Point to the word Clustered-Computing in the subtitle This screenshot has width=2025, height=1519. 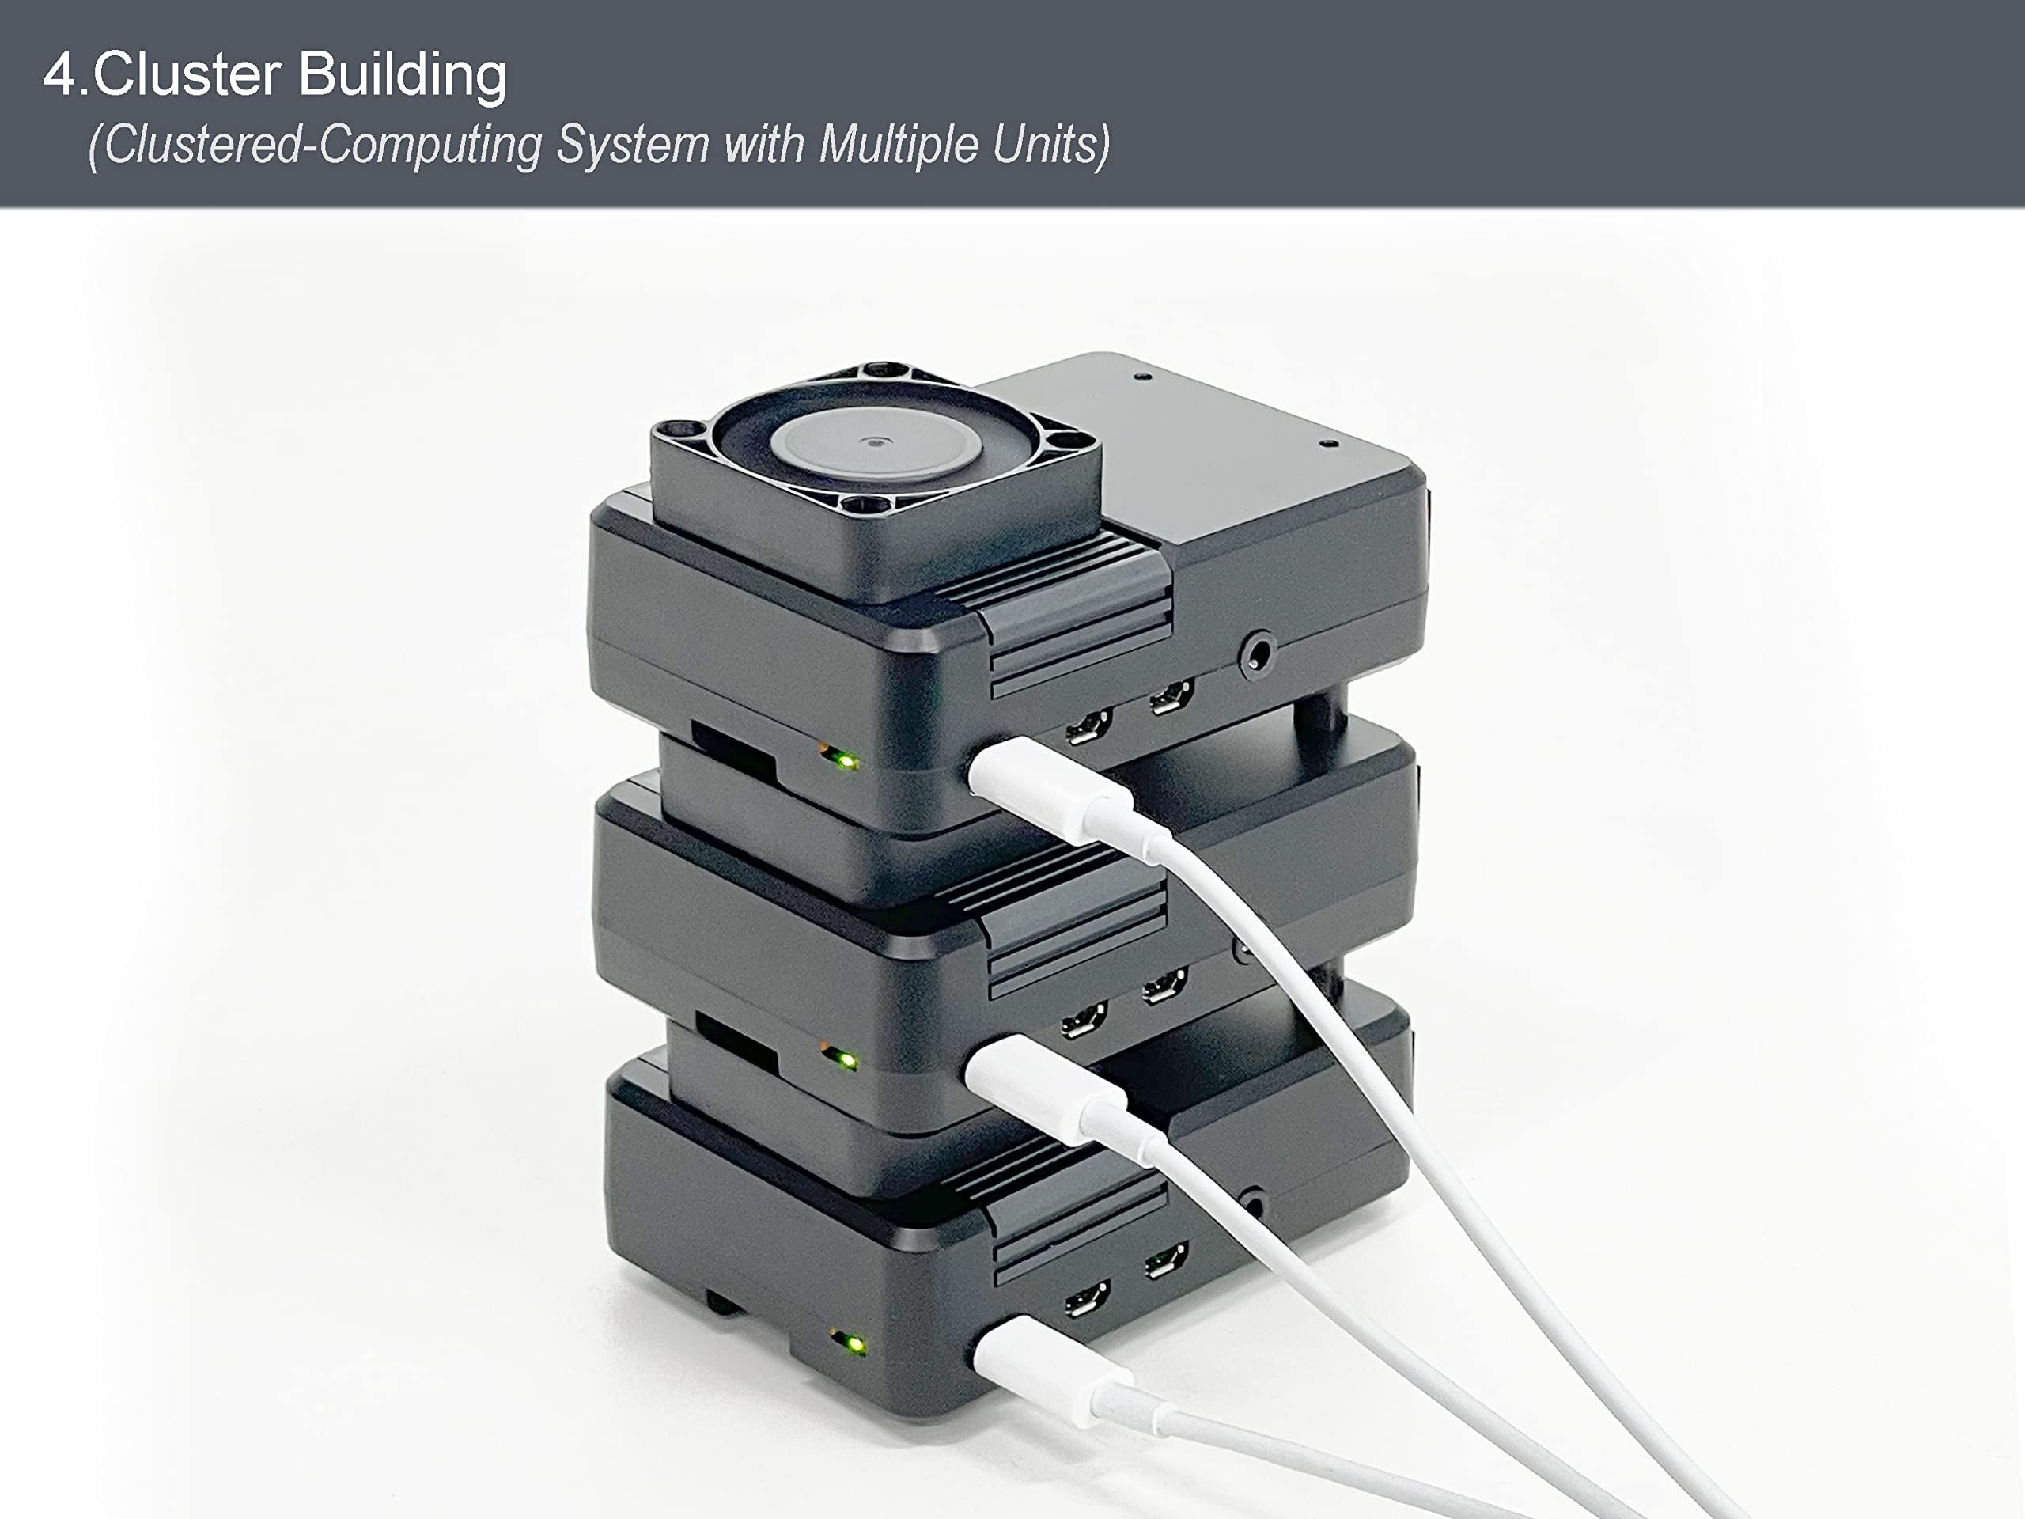click(x=316, y=146)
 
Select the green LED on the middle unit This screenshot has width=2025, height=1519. click(x=848, y=1060)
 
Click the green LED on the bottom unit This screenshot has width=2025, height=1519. click(x=855, y=1345)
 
